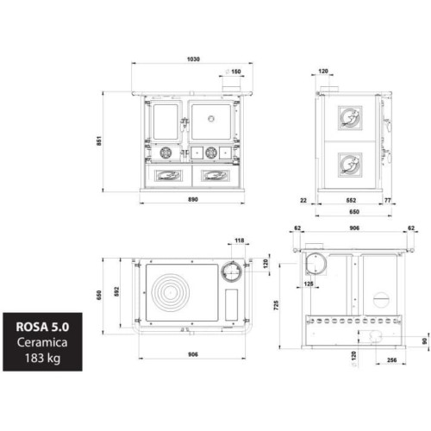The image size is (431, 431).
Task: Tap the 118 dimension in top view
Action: [x=240, y=241]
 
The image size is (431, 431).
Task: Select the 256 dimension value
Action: [x=391, y=361]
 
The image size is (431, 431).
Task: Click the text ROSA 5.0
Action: [x=47, y=328]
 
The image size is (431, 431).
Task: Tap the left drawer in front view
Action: [x=166, y=176]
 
